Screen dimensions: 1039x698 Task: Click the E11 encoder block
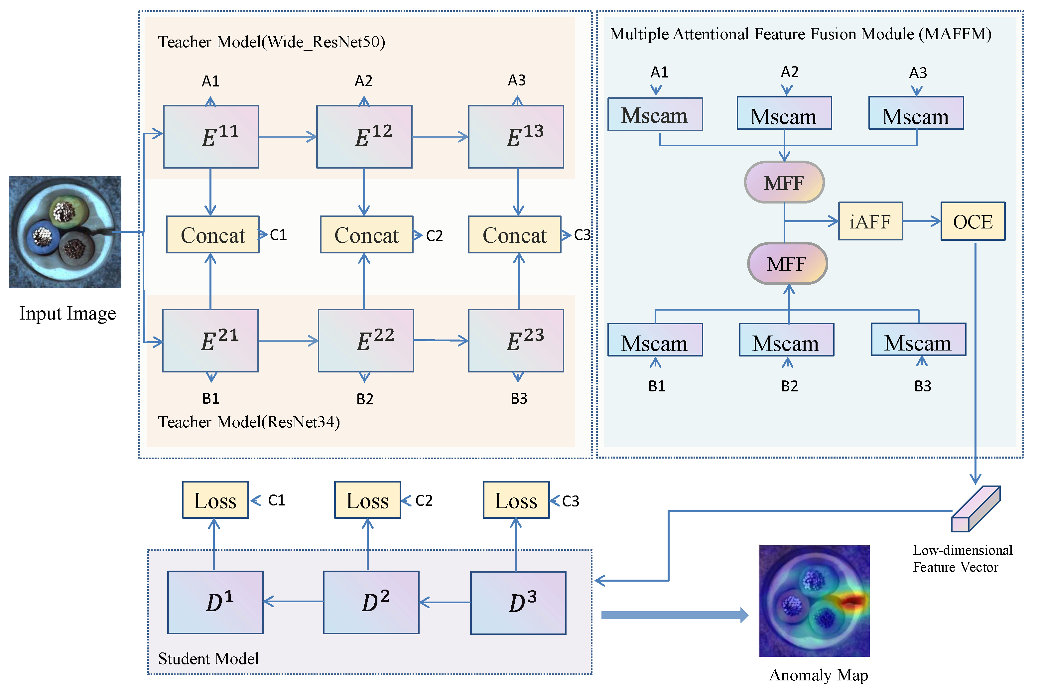[211, 137]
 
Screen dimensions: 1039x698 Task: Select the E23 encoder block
[516, 341]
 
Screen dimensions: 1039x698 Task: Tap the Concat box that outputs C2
[367, 234]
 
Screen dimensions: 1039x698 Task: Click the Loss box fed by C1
[215, 500]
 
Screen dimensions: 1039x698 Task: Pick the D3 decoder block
[518, 603]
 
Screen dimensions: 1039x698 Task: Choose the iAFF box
[871, 221]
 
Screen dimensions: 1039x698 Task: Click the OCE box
[973, 221]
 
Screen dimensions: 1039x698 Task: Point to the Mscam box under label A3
[916, 113]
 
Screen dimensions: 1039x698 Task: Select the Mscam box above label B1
[655, 340]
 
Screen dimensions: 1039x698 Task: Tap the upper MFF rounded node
[784, 182]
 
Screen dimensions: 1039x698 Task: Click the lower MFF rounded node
[788, 263]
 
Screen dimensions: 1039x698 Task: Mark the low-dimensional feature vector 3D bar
[976, 509]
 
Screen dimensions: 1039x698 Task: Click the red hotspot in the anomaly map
[851, 602]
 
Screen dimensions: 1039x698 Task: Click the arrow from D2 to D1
[294, 602]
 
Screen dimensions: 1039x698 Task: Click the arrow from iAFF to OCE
[922, 221]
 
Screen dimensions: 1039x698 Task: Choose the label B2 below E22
[365, 399]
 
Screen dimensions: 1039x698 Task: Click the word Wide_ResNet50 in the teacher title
[323, 42]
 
